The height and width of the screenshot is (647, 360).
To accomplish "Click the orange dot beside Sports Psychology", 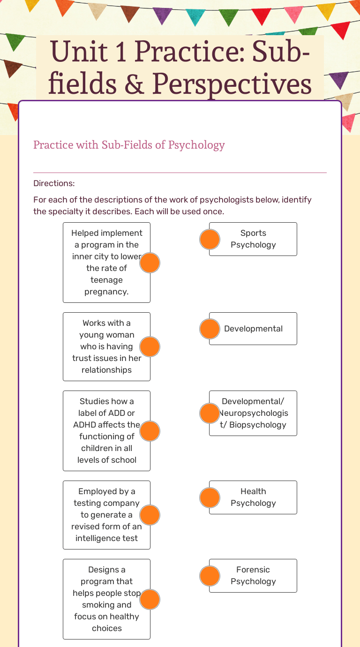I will [x=210, y=240].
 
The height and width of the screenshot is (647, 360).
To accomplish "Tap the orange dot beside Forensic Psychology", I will [x=210, y=576].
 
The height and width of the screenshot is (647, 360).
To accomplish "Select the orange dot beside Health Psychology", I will [x=210, y=498].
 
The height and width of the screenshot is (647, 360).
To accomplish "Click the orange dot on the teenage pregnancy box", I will [x=150, y=263].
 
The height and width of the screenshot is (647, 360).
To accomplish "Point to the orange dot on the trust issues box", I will [x=150, y=347].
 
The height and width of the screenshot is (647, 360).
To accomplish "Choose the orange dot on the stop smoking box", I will [x=150, y=600].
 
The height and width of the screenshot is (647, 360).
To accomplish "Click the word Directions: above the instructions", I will [x=54, y=183].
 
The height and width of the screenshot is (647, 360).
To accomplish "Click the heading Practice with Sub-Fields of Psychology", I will [x=129, y=145].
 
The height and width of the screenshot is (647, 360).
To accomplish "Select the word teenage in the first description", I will [x=106, y=280].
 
